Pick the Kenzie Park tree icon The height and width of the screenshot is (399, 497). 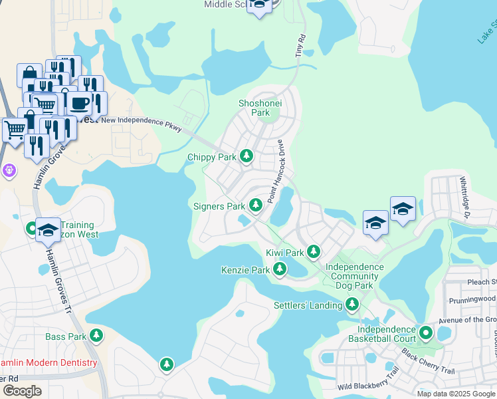pyautogui.click(x=280, y=269)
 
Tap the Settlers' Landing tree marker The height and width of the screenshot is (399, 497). pyautogui.click(x=352, y=305)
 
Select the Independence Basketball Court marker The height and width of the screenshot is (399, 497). pyautogui.click(x=425, y=331)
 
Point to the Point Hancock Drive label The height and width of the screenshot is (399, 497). pyautogui.click(x=276, y=172)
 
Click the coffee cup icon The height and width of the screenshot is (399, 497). pyautogui.click(x=80, y=103)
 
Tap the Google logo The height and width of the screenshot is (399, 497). pyautogui.click(x=22, y=390)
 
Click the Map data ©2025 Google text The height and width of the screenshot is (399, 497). pyautogui.click(x=455, y=394)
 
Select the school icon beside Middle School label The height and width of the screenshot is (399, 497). pyautogui.click(x=259, y=5)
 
